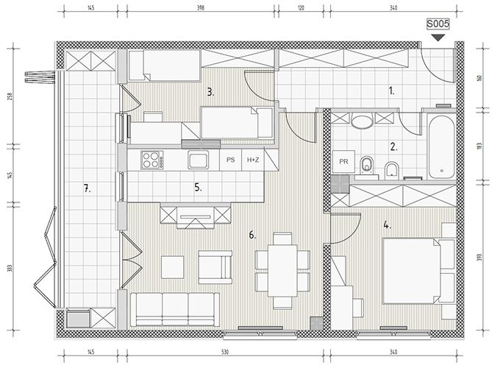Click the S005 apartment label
438,24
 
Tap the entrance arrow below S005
438,38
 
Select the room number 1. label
391,91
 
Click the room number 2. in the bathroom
393,146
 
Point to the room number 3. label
210,92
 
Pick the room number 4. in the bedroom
387,224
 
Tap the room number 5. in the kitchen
198,188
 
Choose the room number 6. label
252,235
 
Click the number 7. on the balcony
88,188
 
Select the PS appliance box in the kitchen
231,160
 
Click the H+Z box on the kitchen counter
253,160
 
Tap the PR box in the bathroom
343,161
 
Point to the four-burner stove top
152,160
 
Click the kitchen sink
199,160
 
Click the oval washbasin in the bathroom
363,121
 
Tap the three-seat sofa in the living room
175,310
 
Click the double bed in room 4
418,271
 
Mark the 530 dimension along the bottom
225,352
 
